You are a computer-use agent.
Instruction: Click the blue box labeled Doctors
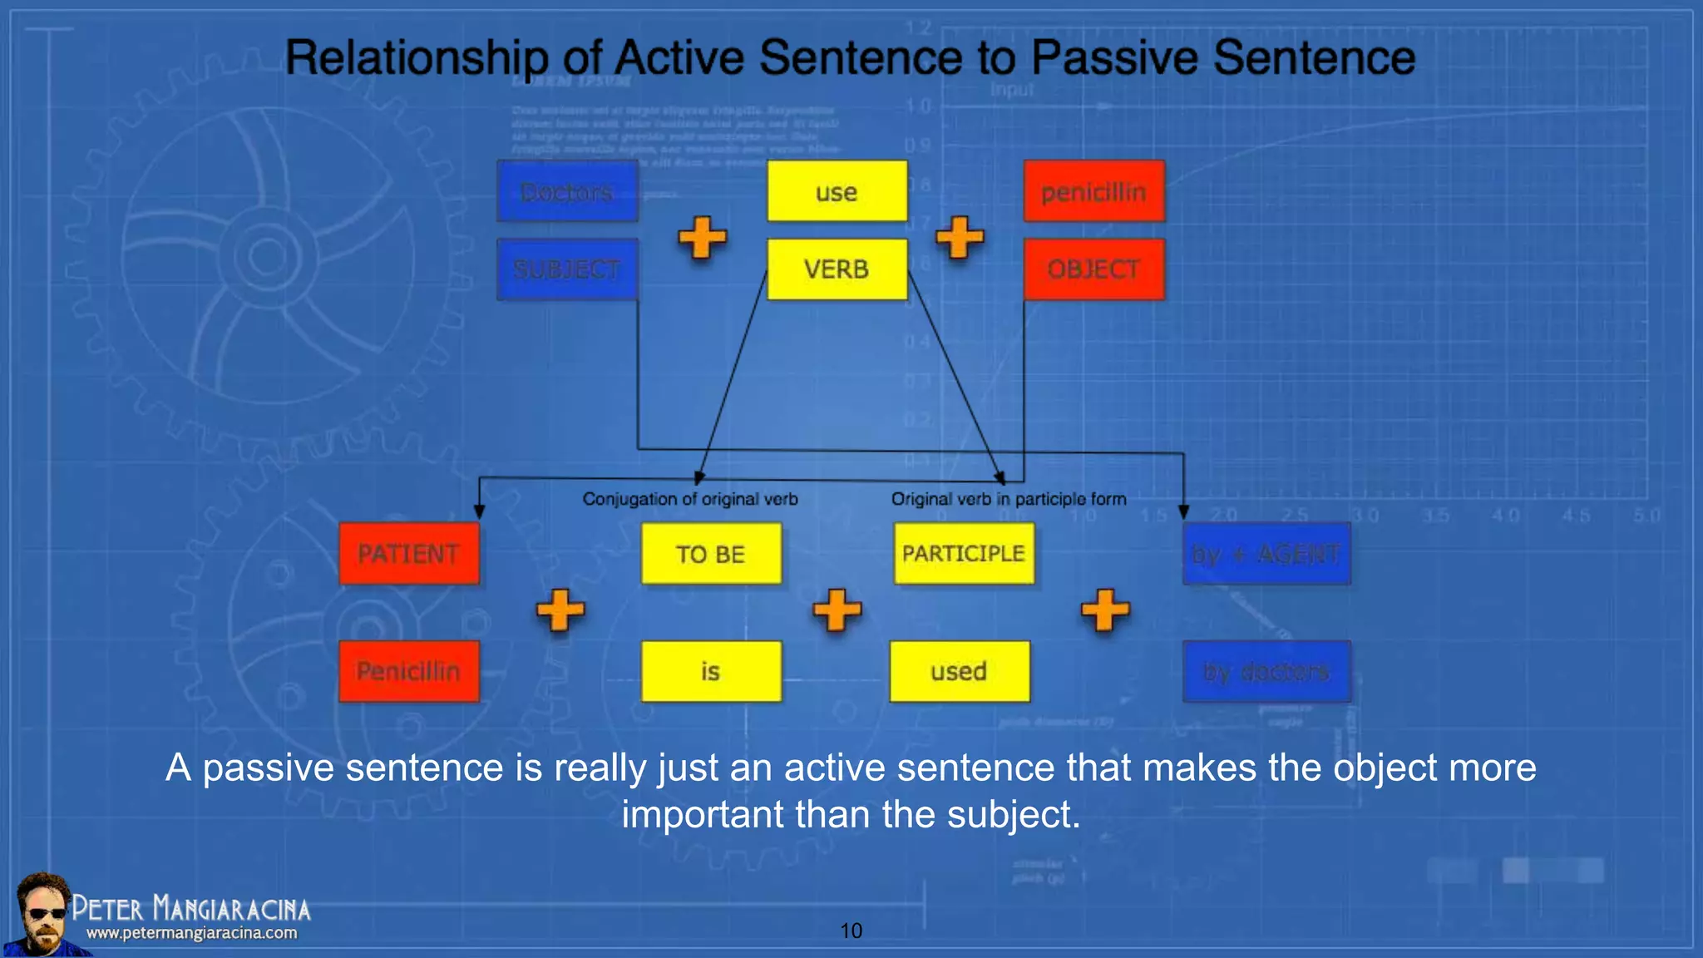pyautogui.click(x=567, y=191)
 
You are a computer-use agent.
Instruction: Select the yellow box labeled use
pyautogui.click(x=837, y=191)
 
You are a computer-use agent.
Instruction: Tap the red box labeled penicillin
pyautogui.click(x=1093, y=191)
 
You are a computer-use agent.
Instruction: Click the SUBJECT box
pyautogui.click(x=567, y=269)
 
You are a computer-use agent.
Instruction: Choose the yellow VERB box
pyautogui.click(x=837, y=269)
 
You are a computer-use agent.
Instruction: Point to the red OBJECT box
pyautogui.click(x=1093, y=269)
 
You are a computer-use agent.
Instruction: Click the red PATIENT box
pyautogui.click(x=409, y=554)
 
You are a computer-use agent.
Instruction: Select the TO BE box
pyautogui.click(x=711, y=554)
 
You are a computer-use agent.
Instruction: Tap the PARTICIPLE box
pyautogui.click(x=964, y=554)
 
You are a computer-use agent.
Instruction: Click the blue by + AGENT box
pyautogui.click(x=1266, y=554)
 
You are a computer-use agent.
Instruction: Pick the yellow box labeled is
pyautogui.click(x=711, y=671)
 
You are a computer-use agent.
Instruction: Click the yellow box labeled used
pyautogui.click(x=959, y=671)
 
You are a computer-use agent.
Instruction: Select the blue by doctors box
pyautogui.click(x=1266, y=671)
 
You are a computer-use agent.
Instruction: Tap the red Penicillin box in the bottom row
pyautogui.click(x=409, y=671)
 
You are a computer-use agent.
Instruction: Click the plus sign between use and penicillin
pyautogui.click(x=960, y=238)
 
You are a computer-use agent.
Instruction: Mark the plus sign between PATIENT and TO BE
pyautogui.click(x=560, y=610)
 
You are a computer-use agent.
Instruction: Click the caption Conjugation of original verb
pyautogui.click(x=689, y=499)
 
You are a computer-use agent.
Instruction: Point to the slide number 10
pyautogui.click(x=851, y=931)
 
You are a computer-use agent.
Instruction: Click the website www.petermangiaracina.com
pyautogui.click(x=191, y=933)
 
